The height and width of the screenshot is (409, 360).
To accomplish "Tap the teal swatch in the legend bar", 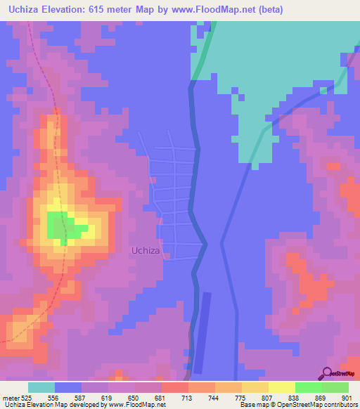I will click(x=41, y=387).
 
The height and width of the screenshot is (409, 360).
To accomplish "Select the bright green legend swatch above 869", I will click(x=308, y=387).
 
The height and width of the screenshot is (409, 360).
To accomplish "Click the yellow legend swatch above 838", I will click(x=281, y=387).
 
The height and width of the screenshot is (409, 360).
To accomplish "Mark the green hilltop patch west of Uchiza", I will click(x=63, y=226).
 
